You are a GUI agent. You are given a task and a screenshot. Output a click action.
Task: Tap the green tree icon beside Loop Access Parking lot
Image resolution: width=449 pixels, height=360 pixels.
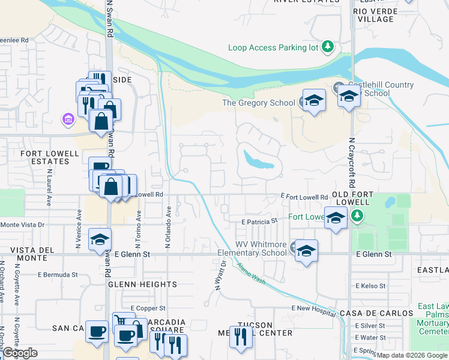[327, 46]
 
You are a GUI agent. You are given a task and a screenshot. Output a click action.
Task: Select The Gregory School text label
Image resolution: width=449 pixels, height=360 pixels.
[259, 103]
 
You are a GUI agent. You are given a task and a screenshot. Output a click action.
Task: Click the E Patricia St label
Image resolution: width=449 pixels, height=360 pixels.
[259, 221]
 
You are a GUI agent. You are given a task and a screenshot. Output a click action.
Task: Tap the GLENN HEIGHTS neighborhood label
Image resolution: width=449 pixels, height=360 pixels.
[142, 284]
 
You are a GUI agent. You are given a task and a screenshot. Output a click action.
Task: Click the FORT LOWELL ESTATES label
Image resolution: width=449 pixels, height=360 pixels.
[50, 157]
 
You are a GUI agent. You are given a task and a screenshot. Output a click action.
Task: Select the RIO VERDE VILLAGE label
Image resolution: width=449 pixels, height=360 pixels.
[373, 15]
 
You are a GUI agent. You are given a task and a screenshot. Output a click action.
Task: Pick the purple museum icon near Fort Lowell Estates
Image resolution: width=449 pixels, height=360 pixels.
[68, 120]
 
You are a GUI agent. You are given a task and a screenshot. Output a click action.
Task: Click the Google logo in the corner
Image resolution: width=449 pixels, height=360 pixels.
[20, 353]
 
